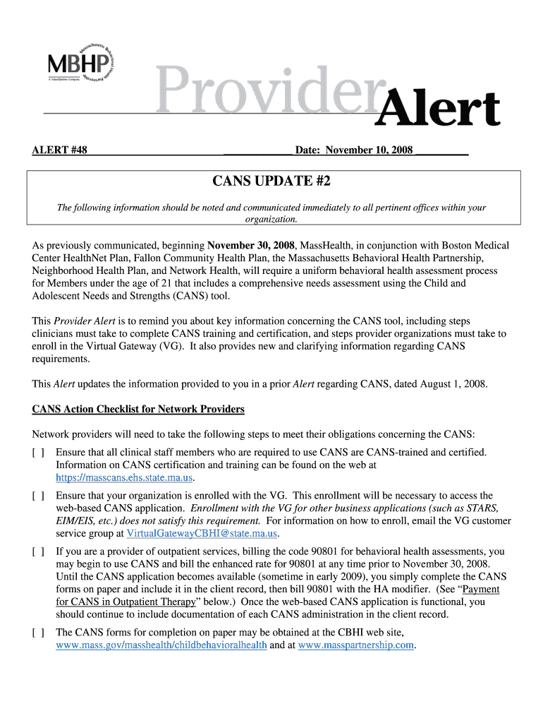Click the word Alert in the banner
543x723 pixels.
tap(439, 111)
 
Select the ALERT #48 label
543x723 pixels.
tap(60, 150)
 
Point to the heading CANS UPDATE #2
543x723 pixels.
tap(271, 181)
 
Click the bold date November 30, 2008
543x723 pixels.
tap(251, 246)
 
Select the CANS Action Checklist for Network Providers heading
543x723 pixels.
tap(138, 410)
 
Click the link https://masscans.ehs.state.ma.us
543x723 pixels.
tap(124, 477)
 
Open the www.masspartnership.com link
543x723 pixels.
tap(355, 645)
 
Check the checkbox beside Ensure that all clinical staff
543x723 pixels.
tap(38, 452)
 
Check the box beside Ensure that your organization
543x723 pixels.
tap(38, 496)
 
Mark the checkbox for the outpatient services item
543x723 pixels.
tap(38, 551)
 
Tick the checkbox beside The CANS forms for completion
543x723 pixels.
tap(38, 632)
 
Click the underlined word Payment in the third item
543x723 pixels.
tap(481, 589)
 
